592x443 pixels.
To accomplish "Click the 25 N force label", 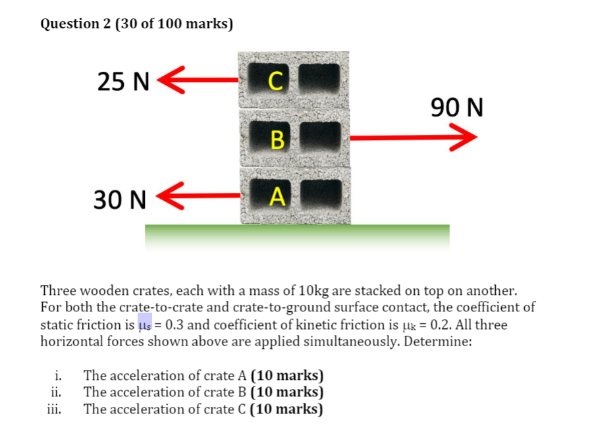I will tap(123, 81).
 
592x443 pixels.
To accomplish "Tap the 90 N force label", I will tap(456, 107).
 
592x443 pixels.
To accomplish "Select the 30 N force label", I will tap(119, 199).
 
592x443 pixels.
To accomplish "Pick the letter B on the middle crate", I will tap(278, 139).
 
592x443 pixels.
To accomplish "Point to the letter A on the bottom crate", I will tap(278, 195).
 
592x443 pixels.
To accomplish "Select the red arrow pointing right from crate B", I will tap(412, 138).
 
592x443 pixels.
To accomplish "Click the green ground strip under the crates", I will tap(297, 236).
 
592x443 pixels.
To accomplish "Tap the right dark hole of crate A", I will tap(319, 193).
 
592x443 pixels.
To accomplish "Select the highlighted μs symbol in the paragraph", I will tap(145, 325).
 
